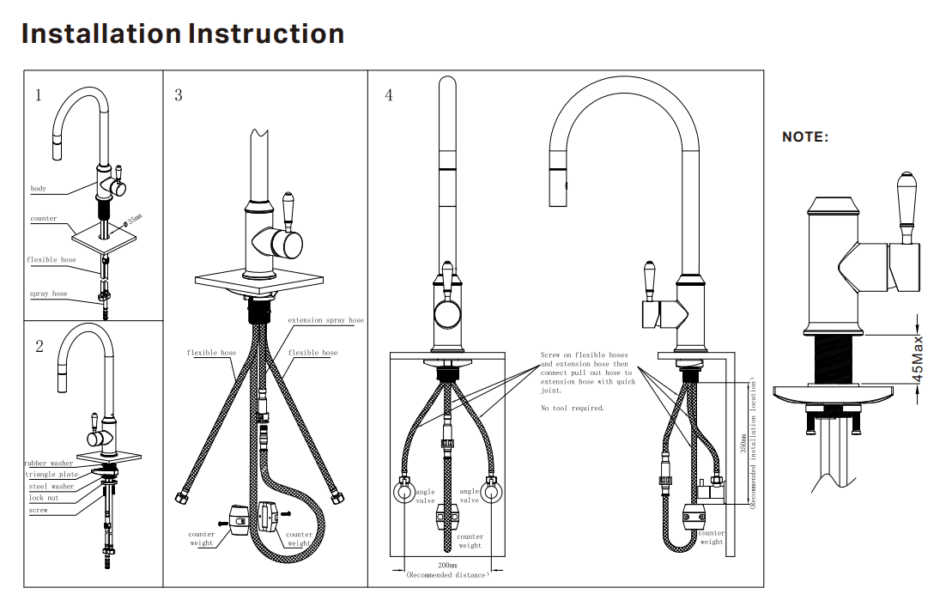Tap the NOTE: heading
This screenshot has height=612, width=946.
(x=805, y=136)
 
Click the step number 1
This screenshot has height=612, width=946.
(x=38, y=95)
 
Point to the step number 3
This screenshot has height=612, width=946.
(x=178, y=95)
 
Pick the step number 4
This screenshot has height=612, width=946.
(x=389, y=95)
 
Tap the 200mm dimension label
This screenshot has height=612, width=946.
(x=446, y=567)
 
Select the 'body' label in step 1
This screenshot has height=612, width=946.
(x=39, y=189)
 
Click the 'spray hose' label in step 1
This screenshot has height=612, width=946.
(x=48, y=294)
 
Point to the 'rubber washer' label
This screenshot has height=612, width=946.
(x=48, y=464)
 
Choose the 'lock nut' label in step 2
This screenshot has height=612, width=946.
(x=43, y=498)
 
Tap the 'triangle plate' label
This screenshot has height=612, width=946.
(x=52, y=475)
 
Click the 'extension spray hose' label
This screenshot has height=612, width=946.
(x=325, y=320)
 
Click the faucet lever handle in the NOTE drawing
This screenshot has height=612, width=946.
(x=907, y=206)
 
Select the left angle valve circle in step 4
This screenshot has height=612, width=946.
(x=403, y=494)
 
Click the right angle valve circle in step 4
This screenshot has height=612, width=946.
(x=490, y=494)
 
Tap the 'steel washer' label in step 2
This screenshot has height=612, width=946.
(x=52, y=487)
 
